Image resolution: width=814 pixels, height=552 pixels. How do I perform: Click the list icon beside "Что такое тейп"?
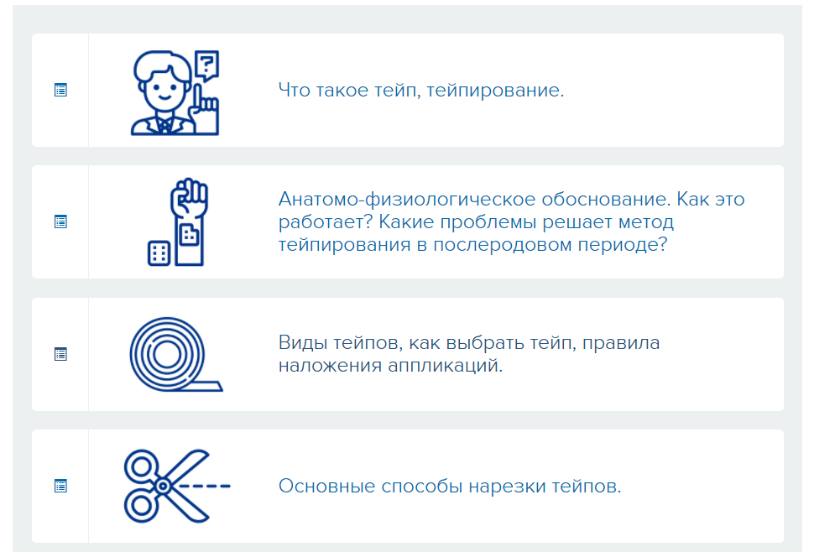coord(60,91)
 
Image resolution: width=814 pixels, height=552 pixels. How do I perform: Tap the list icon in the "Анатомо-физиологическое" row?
coord(60,222)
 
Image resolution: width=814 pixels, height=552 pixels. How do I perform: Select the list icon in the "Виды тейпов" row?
coord(60,354)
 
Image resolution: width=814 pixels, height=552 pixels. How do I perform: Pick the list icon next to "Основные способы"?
coord(60,486)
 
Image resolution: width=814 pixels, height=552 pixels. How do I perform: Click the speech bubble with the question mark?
coord(206,65)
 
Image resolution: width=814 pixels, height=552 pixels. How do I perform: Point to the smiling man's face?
coord(162,89)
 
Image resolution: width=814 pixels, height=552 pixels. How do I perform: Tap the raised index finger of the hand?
coord(198,96)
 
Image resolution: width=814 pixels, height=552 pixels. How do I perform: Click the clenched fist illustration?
coord(189,198)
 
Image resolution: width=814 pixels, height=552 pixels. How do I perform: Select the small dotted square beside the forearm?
coord(159,253)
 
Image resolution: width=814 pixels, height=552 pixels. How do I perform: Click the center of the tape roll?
coord(167,355)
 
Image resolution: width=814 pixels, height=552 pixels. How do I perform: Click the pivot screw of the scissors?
coord(163,486)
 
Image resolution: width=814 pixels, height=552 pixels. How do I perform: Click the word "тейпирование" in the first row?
coord(495,91)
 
